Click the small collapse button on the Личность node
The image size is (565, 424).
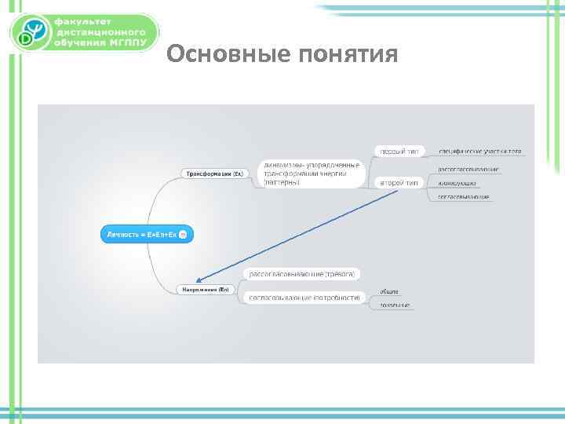(183, 234)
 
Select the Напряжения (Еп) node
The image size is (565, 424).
(206, 290)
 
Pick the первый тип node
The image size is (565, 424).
(399, 151)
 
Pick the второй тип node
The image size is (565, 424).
(399, 182)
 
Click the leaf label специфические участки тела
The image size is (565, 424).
(479, 151)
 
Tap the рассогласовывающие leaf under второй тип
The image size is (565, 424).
(468, 169)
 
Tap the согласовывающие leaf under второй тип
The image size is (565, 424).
(463, 197)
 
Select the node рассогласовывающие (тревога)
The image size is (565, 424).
(302, 274)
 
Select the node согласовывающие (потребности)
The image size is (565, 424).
(304, 298)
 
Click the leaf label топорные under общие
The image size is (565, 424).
(395, 305)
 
